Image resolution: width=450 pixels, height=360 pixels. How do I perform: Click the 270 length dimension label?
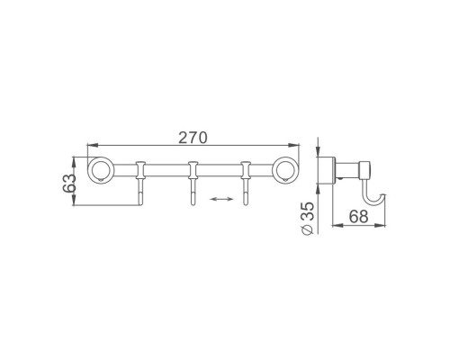193,138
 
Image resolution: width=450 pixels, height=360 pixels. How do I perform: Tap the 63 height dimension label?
69,183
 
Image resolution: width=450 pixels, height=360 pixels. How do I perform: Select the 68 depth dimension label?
358,216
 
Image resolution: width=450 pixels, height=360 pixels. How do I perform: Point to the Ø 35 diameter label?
307,218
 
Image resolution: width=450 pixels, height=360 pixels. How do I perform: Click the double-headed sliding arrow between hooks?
221,199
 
